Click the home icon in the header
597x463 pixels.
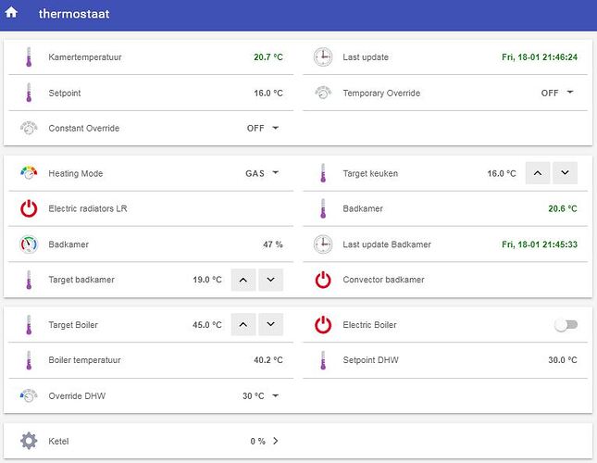tap(11, 12)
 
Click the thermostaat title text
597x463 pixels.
tap(74, 14)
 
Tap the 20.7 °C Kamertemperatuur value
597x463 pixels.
tap(268, 57)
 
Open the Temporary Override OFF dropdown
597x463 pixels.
tap(557, 93)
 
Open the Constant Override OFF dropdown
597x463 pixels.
tap(263, 129)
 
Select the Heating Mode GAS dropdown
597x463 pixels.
tap(262, 173)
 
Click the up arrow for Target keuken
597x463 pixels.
tap(538, 173)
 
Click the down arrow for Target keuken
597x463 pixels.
tap(565, 173)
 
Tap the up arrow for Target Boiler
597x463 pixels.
tap(243, 324)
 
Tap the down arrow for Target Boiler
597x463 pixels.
tap(270, 324)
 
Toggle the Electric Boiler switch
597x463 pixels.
tap(566, 325)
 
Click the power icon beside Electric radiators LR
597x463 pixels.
tap(29, 208)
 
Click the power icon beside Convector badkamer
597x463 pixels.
tap(323, 280)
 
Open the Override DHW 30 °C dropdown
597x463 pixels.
tap(261, 396)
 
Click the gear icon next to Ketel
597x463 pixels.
tap(29, 441)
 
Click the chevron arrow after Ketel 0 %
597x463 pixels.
tap(276, 441)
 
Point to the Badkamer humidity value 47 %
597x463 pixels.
tap(273, 244)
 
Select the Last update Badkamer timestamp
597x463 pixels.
tap(540, 244)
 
